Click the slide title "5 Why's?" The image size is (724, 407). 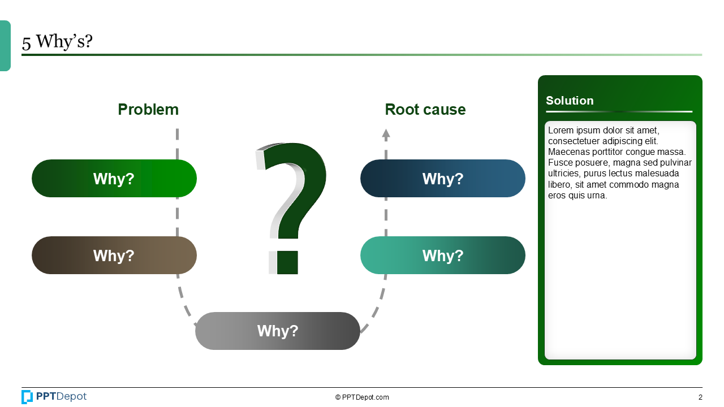57,42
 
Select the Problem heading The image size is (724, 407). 148,110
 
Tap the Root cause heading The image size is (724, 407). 425,110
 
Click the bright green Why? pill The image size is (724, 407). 114,179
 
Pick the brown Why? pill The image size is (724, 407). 114,256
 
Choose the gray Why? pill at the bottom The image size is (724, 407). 277,331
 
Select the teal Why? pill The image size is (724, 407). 442,256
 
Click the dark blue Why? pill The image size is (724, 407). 442,179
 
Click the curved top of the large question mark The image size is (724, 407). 294,155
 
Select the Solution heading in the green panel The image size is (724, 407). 570,101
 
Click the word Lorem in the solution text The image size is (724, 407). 561,131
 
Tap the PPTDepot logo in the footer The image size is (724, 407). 54,397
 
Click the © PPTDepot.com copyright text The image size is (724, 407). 362,397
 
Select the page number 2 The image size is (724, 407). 700,397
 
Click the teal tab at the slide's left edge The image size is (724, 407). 5,46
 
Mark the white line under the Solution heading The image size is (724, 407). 619,111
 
